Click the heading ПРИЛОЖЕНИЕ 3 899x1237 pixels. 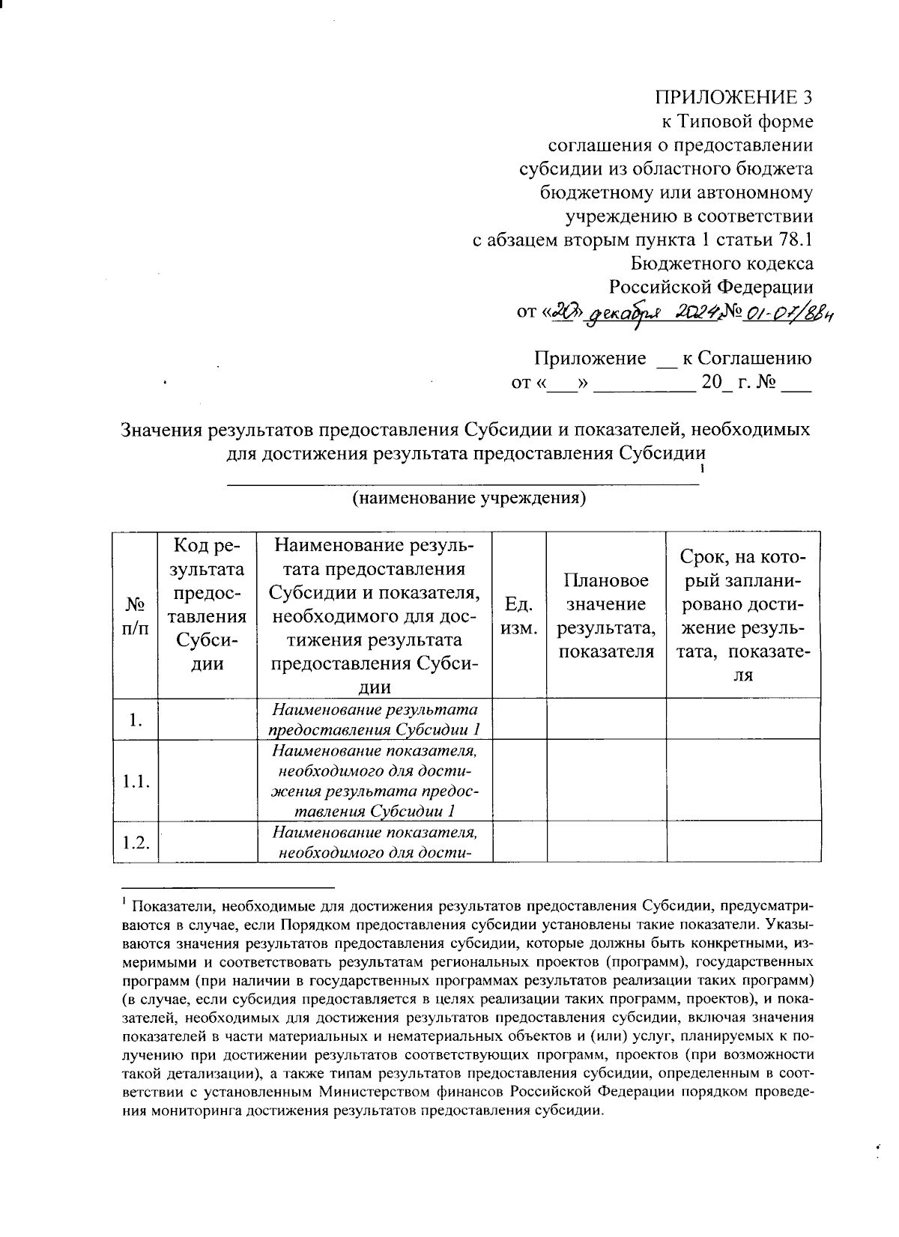pyautogui.click(x=733, y=97)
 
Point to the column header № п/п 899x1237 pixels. pyautogui.click(x=135, y=616)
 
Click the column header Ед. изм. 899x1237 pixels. pyautogui.click(x=519, y=616)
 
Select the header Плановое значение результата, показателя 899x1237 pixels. pyautogui.click(x=606, y=616)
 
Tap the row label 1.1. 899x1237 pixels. pyautogui.click(x=136, y=782)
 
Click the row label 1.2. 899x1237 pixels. pyautogui.click(x=136, y=842)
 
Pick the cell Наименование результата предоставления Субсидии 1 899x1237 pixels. pyautogui.click(x=375, y=719)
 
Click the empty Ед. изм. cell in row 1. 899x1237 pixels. pyautogui.click(x=519, y=719)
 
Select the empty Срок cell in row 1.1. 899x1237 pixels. pyautogui.click(x=743, y=782)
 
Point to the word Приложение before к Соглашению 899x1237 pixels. pyautogui.click(x=590, y=358)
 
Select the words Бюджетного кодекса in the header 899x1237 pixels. pyautogui.click(x=721, y=264)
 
